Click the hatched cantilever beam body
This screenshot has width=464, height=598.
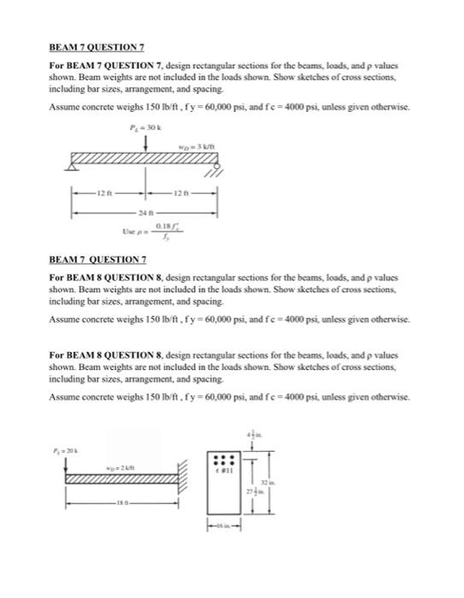(x=120, y=480)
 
